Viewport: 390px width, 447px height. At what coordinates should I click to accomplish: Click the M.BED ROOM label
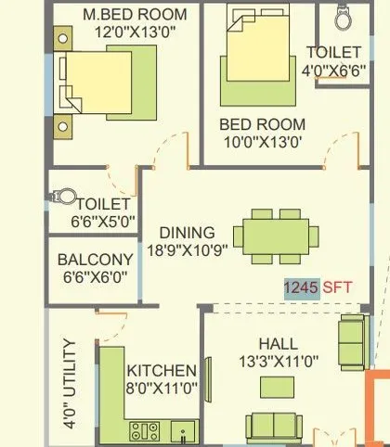pyautogui.click(x=134, y=15)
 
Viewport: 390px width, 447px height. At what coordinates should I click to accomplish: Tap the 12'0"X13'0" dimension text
pyautogui.click(x=134, y=32)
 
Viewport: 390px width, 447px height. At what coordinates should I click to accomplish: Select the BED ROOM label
pyautogui.click(x=263, y=123)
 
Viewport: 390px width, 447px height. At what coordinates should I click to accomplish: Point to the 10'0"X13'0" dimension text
pyautogui.click(x=263, y=141)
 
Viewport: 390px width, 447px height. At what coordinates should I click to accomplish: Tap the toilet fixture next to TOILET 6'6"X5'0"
pyautogui.click(x=65, y=198)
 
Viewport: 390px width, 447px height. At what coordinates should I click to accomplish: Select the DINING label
pyautogui.click(x=187, y=233)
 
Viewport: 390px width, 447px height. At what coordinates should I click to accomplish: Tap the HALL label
pyautogui.click(x=279, y=341)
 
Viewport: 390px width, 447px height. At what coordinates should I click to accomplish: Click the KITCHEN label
pyautogui.click(x=162, y=370)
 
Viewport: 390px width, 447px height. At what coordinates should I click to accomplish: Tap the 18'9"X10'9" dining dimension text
pyautogui.click(x=187, y=250)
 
